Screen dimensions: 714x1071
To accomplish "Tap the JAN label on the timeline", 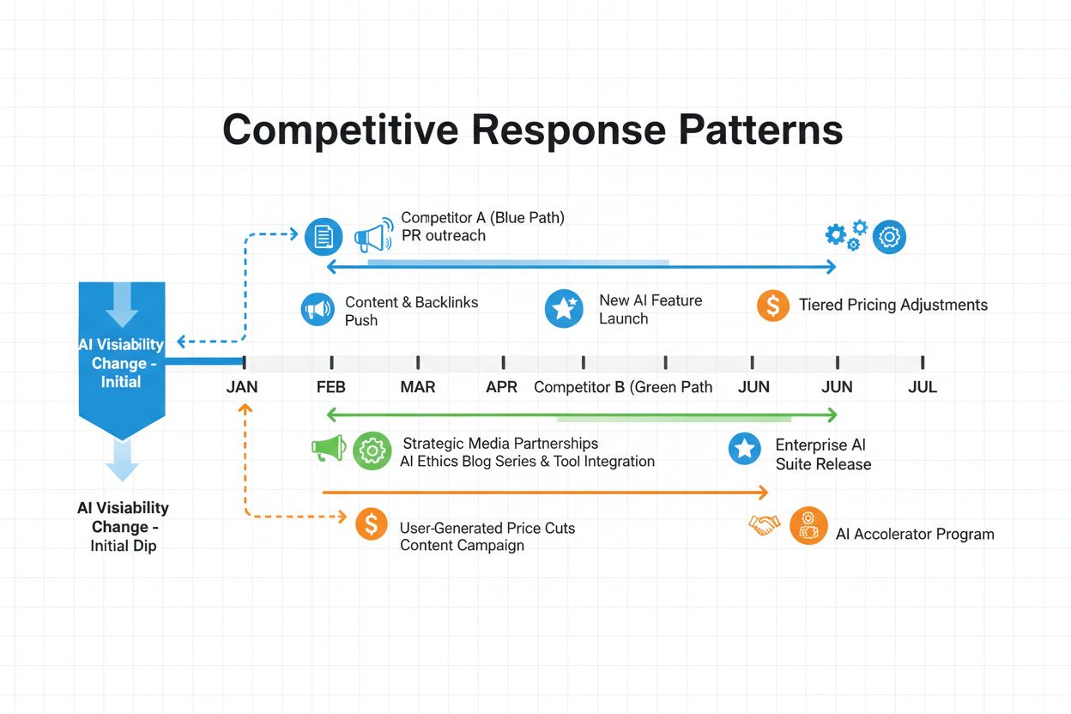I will (242, 387).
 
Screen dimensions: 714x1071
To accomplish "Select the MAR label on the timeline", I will (418, 387).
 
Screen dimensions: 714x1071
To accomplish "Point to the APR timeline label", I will (502, 387).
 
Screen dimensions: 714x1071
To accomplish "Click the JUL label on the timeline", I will (923, 387).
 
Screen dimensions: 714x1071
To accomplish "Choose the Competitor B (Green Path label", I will (623, 387).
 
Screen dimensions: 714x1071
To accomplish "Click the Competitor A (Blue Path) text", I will (482, 218).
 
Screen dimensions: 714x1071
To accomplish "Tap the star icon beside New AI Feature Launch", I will (564, 309).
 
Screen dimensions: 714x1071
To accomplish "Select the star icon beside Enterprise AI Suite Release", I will (744, 449).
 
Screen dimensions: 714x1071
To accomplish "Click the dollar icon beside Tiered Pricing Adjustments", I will (773, 305).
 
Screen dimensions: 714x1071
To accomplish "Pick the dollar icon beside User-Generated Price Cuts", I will (371, 523).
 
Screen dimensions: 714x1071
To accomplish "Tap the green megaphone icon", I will (329, 448).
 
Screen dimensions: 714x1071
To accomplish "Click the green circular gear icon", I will (372, 450).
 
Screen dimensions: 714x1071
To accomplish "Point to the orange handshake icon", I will (764, 524).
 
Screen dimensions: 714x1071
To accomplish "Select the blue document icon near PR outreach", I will (324, 236).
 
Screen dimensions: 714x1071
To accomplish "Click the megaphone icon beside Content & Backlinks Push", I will (318, 309).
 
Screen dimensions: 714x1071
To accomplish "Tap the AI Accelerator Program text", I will (915, 534).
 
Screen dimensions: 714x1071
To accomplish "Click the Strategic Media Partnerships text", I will (500, 444).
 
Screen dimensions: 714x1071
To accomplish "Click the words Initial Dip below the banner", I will (124, 546).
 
